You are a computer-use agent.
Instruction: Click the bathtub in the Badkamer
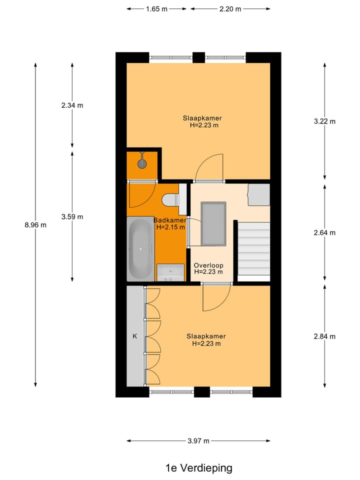pos(140,248)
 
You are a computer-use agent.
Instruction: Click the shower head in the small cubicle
pos(142,162)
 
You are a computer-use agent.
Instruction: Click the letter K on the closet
pos(134,336)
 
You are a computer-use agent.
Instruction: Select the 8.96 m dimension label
pos(35,225)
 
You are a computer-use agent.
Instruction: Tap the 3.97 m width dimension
pos(198,440)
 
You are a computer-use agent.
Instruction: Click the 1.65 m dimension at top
pos(156,9)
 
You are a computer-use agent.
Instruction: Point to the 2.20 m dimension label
pos(230,9)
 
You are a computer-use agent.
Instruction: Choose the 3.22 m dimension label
pos(325,121)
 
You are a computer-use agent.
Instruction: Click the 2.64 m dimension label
pos(325,232)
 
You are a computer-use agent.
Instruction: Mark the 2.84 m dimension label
pos(325,336)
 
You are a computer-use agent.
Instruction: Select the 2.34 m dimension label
pos(72,105)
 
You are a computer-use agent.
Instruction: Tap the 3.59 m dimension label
pos(72,216)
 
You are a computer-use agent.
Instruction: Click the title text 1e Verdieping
pos(199,468)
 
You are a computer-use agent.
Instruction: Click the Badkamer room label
pos(170,220)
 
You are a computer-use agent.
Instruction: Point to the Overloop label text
pos(208,265)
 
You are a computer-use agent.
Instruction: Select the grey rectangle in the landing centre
pos(213,223)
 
